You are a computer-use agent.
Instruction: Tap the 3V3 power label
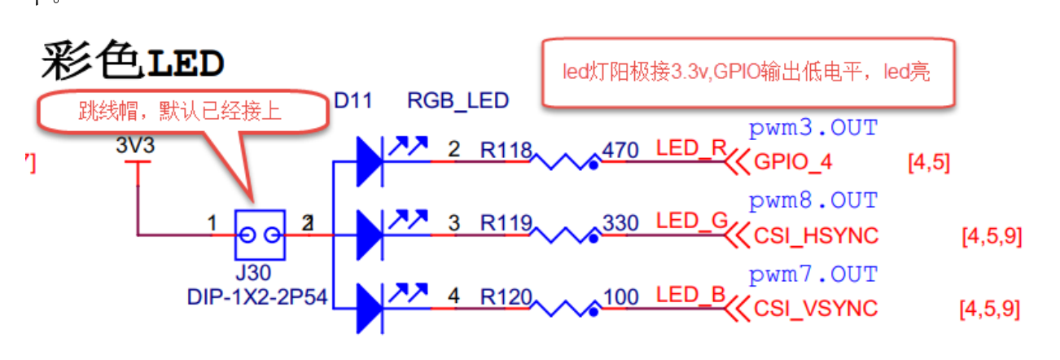(135, 147)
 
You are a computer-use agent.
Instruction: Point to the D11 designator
(354, 101)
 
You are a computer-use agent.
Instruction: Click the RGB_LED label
(458, 101)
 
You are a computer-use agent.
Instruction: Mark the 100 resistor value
(621, 297)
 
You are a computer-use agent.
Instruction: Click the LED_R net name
(690, 149)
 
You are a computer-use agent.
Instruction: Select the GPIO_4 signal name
(793, 162)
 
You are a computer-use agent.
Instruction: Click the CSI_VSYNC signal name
(816, 310)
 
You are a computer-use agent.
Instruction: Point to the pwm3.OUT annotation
(813, 129)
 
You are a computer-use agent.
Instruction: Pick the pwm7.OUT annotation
(813, 274)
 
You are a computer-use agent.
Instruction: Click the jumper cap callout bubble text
(180, 112)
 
